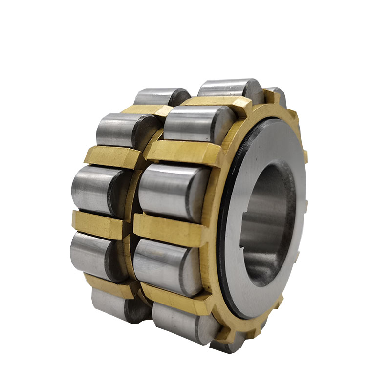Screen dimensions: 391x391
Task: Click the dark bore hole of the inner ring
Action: [x=266, y=220]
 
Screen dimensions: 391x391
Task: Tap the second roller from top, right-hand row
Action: [x=195, y=122]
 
